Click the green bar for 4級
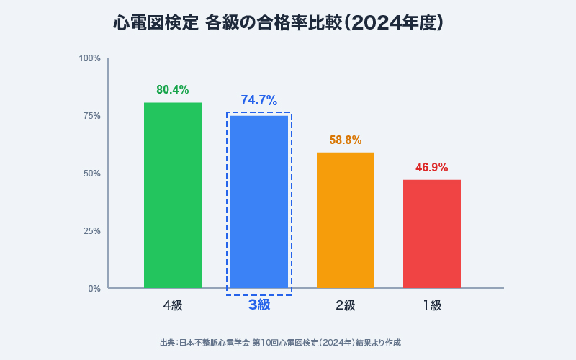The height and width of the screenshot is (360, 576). [173, 195]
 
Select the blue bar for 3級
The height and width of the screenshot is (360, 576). [259, 202]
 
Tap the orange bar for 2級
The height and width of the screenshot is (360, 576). [346, 220]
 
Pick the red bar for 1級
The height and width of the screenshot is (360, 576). [432, 234]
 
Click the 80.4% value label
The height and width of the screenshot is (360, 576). [173, 90]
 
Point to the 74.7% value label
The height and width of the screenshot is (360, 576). [259, 101]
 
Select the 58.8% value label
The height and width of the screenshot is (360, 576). [346, 140]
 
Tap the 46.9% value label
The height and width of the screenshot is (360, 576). [432, 168]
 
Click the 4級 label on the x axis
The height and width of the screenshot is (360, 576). [173, 305]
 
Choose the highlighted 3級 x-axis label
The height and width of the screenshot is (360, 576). [259, 305]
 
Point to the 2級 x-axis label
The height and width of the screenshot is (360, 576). [346, 305]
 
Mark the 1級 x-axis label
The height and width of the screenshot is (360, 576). [432, 305]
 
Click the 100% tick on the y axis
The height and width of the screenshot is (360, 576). [90, 58]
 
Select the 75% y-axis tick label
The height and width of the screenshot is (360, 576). [91, 115]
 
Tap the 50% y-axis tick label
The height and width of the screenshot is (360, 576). [91, 173]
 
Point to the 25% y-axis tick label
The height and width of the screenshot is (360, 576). [91, 230]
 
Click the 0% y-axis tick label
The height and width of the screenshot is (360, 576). [94, 288]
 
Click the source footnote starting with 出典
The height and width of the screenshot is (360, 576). [280, 343]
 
